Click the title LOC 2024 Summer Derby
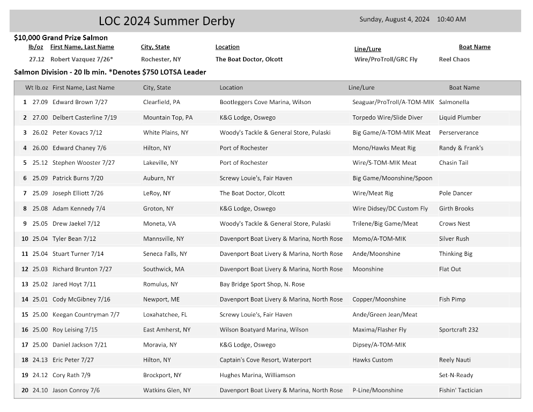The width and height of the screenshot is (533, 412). [x=167, y=21]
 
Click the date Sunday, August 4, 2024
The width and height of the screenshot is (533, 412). [x=394, y=19]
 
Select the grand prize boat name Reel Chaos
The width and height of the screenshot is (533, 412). [x=454, y=60]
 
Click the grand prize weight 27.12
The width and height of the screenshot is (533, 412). [x=36, y=60]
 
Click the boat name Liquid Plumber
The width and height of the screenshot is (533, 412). [x=460, y=117]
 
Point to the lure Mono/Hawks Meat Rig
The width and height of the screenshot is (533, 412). [x=384, y=148]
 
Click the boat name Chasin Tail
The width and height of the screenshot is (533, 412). [x=454, y=163]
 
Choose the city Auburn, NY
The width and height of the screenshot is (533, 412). [x=159, y=178]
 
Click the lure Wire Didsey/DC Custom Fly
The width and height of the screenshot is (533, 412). [x=390, y=209]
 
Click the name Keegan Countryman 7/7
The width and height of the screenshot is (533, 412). [x=86, y=315]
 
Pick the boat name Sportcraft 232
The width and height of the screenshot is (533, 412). [x=458, y=330]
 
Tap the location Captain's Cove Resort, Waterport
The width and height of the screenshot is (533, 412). [x=265, y=360]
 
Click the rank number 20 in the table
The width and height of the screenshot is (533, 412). [x=25, y=391]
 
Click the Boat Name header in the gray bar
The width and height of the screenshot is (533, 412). [x=464, y=87]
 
